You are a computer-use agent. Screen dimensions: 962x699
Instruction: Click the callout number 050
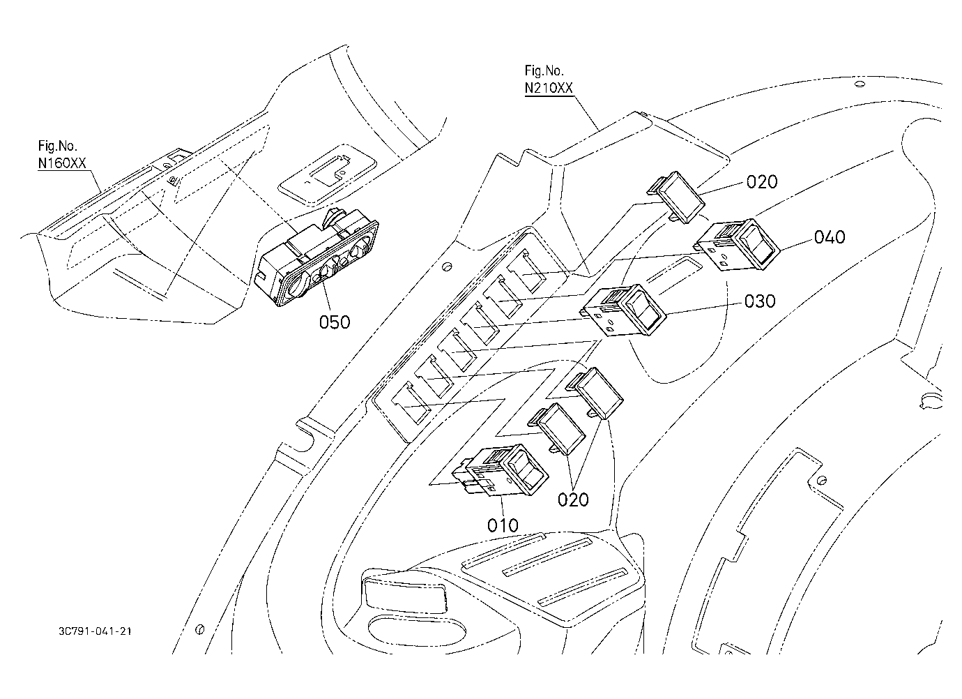pos(335,322)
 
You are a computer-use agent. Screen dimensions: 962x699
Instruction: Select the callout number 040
pos(830,237)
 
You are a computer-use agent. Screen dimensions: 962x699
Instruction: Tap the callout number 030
pos(760,301)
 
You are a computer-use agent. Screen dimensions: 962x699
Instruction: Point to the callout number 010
pos(503,525)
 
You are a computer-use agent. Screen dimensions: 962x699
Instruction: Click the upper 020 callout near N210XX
pos(762,182)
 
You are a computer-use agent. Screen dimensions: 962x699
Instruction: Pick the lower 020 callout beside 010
pos(573,499)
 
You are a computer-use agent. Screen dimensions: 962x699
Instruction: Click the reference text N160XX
pos(62,163)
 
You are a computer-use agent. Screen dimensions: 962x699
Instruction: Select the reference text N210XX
pos(549,88)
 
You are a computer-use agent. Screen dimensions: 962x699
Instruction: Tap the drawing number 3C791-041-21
pos(95,631)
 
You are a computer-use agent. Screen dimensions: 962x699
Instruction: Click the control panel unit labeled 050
pos(316,258)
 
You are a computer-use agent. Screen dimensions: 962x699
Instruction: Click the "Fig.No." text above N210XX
pos(544,70)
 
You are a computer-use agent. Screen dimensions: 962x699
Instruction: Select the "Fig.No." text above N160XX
pos(58,146)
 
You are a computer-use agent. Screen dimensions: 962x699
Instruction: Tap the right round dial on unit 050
pos(359,250)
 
